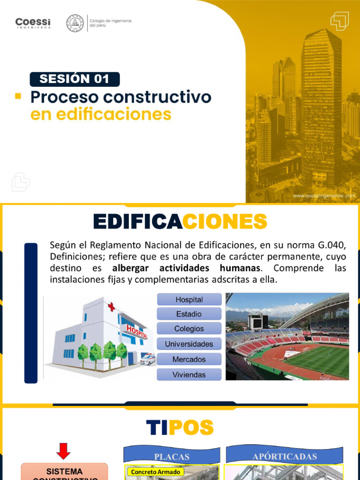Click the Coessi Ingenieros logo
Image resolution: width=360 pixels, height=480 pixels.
(x=33, y=23)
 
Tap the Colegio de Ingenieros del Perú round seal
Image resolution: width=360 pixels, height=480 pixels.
(x=75, y=23)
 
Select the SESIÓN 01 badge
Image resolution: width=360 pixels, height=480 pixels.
(x=75, y=79)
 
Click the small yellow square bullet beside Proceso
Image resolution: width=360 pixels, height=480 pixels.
(x=19, y=96)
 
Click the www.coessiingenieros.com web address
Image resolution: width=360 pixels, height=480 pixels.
(x=324, y=196)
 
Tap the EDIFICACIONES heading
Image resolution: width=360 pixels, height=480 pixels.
(x=180, y=222)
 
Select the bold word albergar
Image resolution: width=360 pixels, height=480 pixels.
(x=134, y=269)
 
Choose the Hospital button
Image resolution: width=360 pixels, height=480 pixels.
(x=189, y=300)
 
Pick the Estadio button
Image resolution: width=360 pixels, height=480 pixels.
(x=189, y=314)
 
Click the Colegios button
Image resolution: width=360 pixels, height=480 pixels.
(x=189, y=329)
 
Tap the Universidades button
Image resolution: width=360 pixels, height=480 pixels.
(x=189, y=344)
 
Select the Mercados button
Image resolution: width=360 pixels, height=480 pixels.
(x=189, y=360)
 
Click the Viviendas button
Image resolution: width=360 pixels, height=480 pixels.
(x=189, y=375)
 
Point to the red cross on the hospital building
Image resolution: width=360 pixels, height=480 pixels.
(x=111, y=307)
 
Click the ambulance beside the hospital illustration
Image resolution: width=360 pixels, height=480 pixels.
(x=148, y=360)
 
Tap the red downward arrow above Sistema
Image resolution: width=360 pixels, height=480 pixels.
(x=64, y=451)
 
